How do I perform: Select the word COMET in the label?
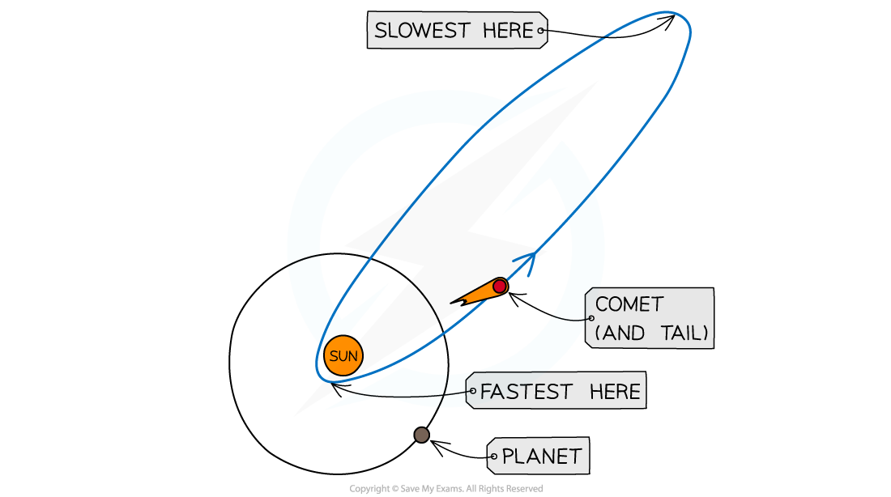[629, 305]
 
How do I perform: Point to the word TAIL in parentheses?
[682, 332]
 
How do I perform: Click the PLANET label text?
[541, 457]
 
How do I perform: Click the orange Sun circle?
[343, 356]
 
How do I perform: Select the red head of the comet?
[500, 286]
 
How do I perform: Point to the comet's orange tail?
[478, 293]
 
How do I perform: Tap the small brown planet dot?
[421, 435]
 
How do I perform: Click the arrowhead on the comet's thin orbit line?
[528, 261]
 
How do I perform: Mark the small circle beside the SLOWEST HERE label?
[541, 32]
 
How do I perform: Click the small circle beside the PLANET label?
[492, 457]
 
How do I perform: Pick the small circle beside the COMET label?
[591, 318]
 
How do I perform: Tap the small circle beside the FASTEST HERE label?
[473, 391]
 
